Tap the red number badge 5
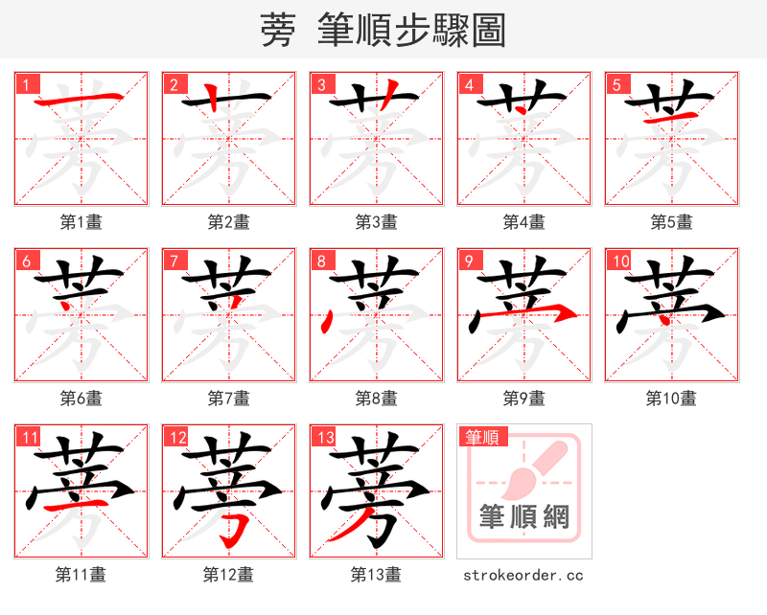tap(616, 84)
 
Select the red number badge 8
tap(321, 261)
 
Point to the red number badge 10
tap(619, 261)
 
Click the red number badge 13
tap(324, 438)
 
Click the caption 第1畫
tap(81, 222)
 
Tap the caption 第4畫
tap(523, 222)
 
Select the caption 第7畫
tap(229, 398)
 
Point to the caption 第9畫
tap(523, 398)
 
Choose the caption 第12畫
tap(229, 575)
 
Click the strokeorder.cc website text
tap(523, 575)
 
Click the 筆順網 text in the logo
tap(524, 517)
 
